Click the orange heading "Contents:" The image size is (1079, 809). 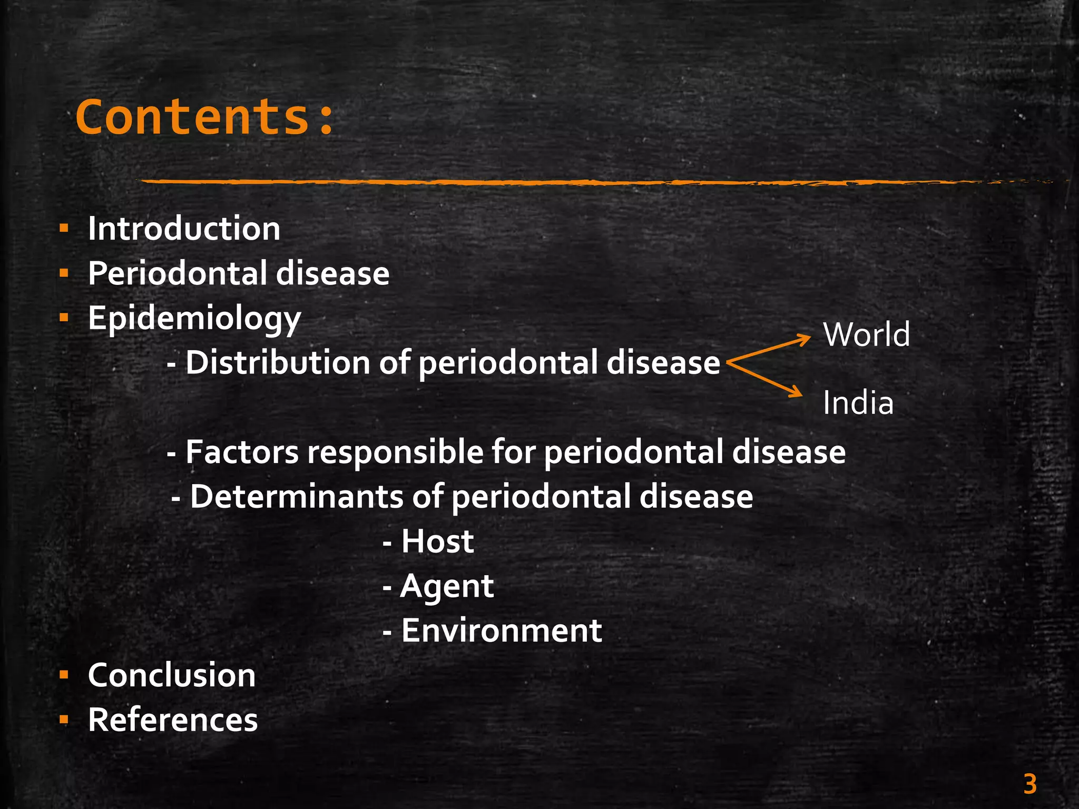(x=204, y=117)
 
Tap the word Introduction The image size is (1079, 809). (x=184, y=229)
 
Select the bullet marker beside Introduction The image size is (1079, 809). (x=64, y=229)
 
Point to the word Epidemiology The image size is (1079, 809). (x=194, y=319)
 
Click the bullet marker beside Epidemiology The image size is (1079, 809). (x=64, y=318)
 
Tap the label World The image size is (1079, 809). (x=867, y=334)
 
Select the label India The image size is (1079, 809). (x=858, y=403)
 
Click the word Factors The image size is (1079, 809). (x=242, y=452)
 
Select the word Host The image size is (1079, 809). (x=437, y=541)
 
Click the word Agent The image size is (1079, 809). (x=447, y=587)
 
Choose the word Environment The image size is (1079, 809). (x=501, y=630)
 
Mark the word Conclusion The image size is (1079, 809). (x=172, y=675)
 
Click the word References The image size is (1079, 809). (x=173, y=720)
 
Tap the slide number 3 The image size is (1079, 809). (x=1030, y=784)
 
